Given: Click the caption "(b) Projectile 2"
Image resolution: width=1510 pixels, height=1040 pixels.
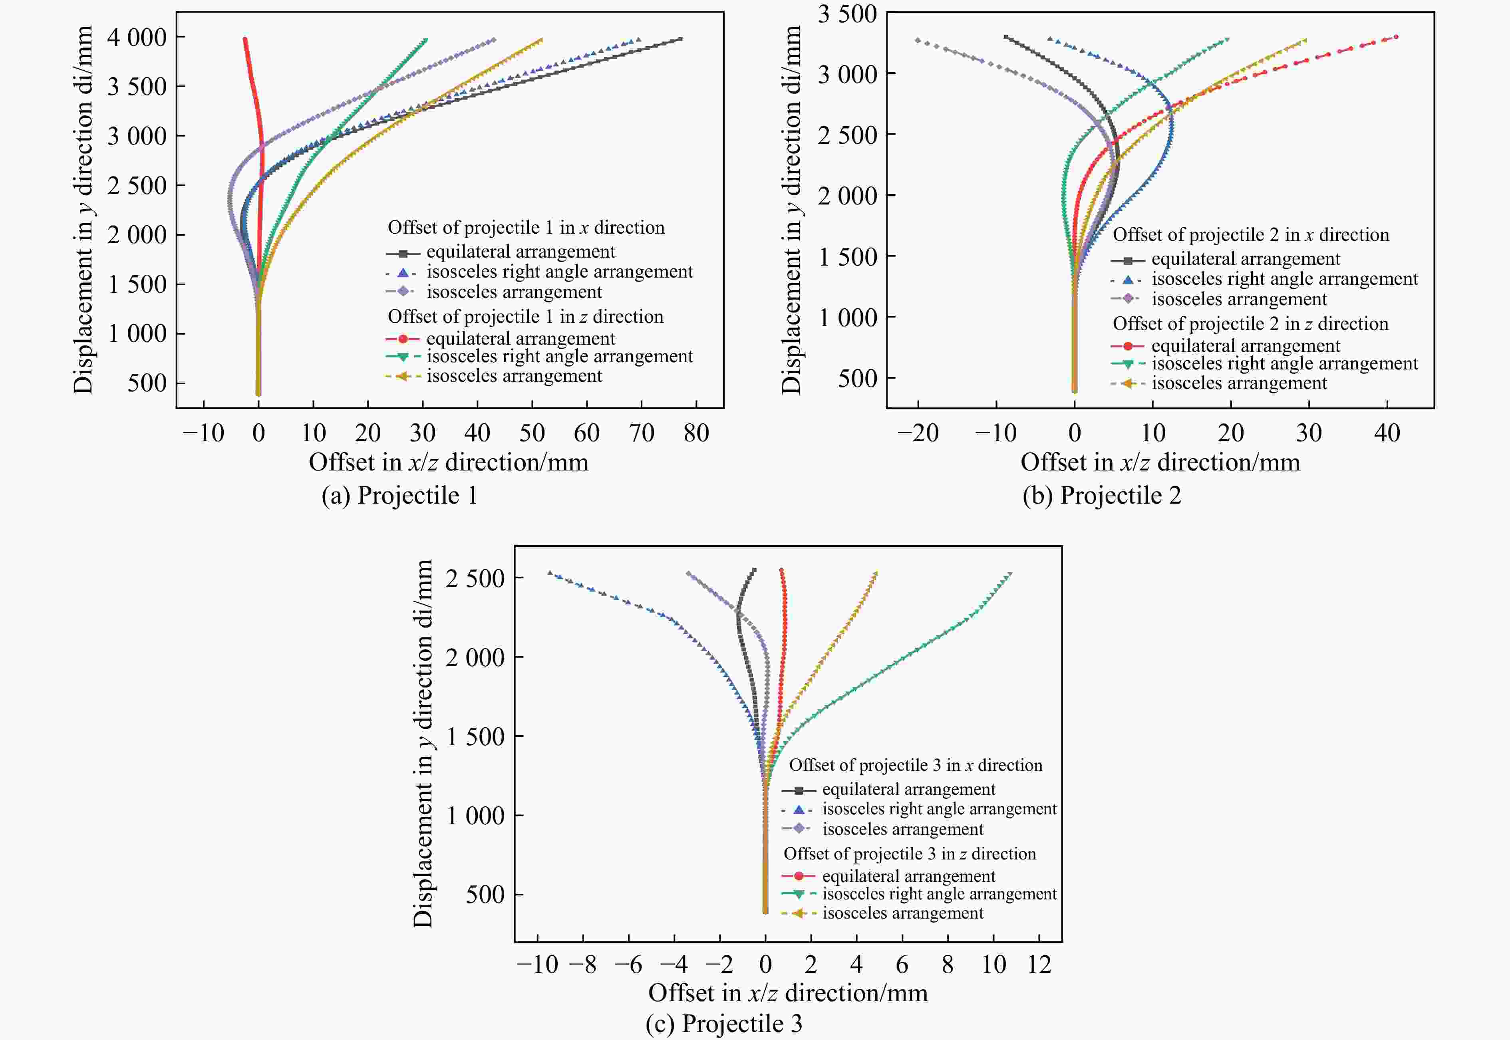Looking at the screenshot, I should pos(1101,495).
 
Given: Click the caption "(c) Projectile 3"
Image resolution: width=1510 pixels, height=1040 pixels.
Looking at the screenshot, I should pos(723,1023).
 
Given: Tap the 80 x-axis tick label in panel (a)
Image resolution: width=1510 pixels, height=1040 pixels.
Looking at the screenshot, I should pos(696,433).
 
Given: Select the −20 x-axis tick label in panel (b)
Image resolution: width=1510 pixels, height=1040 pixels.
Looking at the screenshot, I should pos(918,433).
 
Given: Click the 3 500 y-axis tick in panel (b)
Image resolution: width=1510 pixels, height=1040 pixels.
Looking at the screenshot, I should pos(847,14).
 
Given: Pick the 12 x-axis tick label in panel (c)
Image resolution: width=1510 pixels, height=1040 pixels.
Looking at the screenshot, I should pos(1039,965).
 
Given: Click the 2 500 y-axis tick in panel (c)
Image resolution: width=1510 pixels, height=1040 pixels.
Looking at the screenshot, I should pos(475,578).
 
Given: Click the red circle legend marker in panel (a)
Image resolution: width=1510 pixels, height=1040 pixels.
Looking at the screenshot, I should pos(403,339).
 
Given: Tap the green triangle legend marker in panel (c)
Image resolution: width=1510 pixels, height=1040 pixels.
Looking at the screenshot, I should pos(798,894).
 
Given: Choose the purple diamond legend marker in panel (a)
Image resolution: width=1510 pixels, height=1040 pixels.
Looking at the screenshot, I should pos(403,291).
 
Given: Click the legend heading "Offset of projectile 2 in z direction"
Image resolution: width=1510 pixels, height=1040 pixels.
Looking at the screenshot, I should pos(1250,324).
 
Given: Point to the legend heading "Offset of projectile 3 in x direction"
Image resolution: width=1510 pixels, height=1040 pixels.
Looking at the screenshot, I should pos(916,765).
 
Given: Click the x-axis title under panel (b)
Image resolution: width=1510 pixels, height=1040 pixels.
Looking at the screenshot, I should pos(1160,462).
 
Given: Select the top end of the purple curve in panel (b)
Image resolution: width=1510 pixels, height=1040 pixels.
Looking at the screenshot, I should pos(918,40).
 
